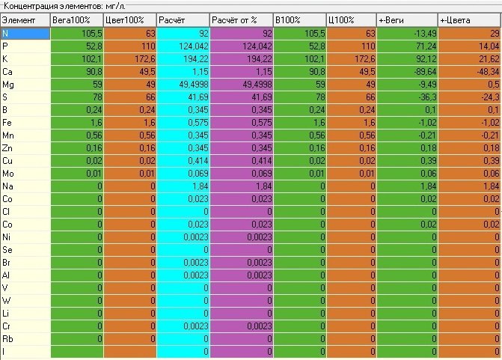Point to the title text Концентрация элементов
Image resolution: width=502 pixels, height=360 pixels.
(x=53, y=6)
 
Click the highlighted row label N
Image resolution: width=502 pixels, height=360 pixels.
(x=5, y=34)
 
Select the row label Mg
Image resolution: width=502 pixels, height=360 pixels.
(x=8, y=85)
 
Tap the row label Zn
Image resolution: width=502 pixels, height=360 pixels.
(x=7, y=148)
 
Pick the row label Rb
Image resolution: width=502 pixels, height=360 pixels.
(x=7, y=338)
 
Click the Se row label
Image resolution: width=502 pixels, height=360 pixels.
(x=7, y=249)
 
